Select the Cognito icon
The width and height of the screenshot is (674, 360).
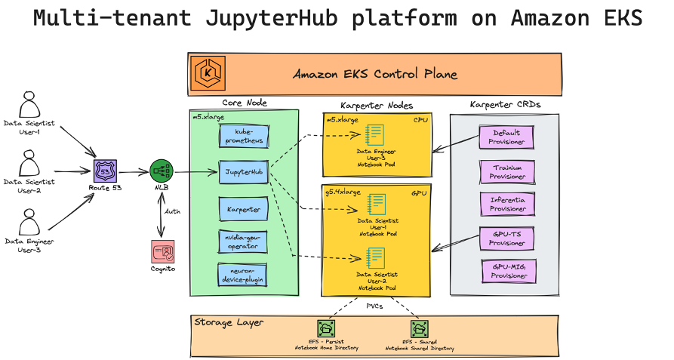click(162, 251)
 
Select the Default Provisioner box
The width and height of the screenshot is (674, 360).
click(507, 137)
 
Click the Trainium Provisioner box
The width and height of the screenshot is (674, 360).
click(507, 171)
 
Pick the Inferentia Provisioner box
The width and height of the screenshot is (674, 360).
click(507, 204)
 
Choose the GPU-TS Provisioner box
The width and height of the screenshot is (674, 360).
click(507, 238)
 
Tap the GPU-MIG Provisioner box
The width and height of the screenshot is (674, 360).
click(507, 272)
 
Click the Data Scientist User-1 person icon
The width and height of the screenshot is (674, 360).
click(29, 105)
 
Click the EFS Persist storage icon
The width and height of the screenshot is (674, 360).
click(326, 329)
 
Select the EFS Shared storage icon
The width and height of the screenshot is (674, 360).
click(420, 329)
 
